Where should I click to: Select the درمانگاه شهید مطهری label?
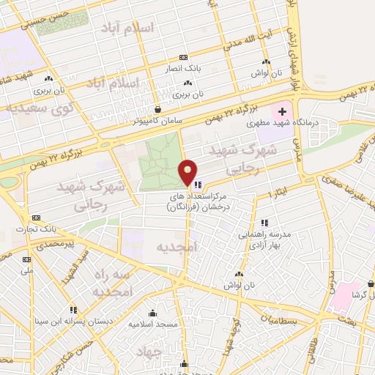coord(327,124)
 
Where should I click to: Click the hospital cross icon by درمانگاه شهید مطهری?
coord(282,112)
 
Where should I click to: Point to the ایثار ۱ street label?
coord(280,191)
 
